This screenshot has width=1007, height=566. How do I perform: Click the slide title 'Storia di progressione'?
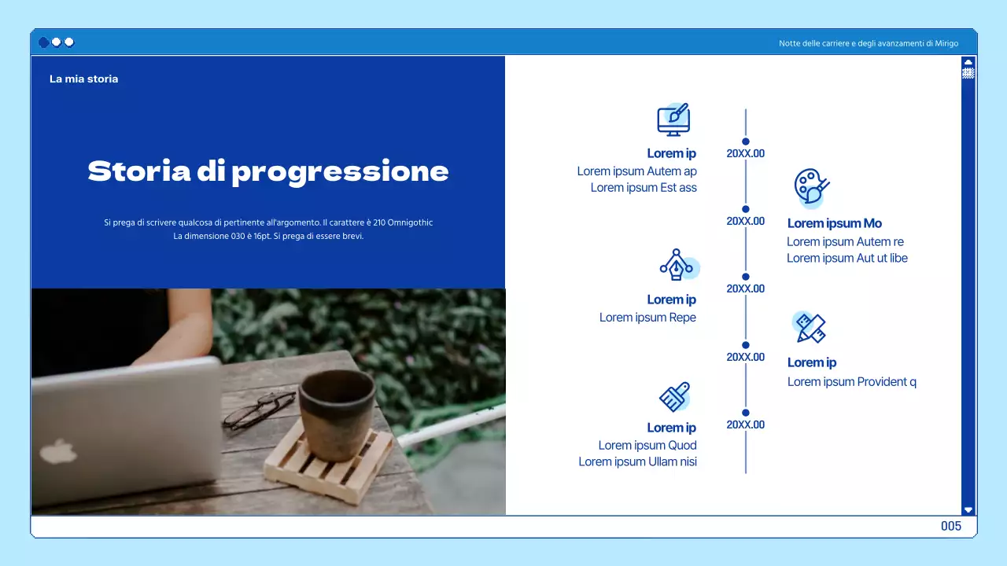[x=268, y=171]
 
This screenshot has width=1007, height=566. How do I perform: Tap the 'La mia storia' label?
[x=83, y=79]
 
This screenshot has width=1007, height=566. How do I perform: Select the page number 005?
[x=951, y=526]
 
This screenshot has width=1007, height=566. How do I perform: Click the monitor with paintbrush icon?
[x=673, y=119]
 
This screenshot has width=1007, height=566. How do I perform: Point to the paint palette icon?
[x=810, y=187]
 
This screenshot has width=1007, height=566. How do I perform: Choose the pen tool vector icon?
[x=676, y=266]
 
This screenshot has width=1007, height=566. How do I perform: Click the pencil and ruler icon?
[x=810, y=327]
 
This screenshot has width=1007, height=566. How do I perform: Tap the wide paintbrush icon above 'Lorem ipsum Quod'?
[x=674, y=397]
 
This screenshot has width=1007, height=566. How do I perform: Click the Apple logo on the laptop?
[x=59, y=451]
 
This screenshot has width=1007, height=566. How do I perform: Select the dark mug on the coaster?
[x=337, y=413]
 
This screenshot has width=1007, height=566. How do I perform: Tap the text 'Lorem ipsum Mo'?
[x=835, y=223]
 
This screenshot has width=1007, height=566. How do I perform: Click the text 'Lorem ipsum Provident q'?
[x=852, y=382]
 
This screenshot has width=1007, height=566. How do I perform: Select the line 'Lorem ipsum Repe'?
[x=647, y=318]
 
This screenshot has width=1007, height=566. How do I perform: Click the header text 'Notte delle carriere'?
[x=869, y=43]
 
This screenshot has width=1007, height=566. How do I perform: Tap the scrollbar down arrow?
[x=968, y=509]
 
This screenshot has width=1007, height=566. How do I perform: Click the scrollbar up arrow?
[x=968, y=61]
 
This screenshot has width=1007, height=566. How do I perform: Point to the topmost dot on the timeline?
[x=746, y=141]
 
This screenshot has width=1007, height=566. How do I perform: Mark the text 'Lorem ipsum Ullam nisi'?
[x=637, y=461]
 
